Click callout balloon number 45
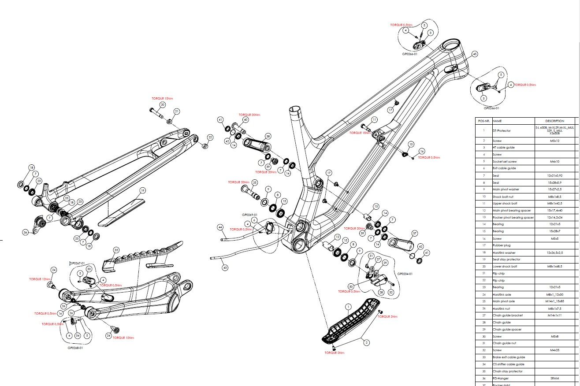tap(475, 54)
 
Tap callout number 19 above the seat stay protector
tap(142, 191)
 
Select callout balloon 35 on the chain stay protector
tap(116, 250)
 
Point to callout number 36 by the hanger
tap(26, 232)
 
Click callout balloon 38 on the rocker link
tap(268, 136)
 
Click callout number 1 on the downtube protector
tap(348, 306)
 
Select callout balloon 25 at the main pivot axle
tap(254, 182)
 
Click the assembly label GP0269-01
tap(249, 215)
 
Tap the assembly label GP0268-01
tap(75, 348)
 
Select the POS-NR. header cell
tap(483, 121)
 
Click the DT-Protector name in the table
tap(502, 130)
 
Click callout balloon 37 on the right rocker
tap(414, 233)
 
